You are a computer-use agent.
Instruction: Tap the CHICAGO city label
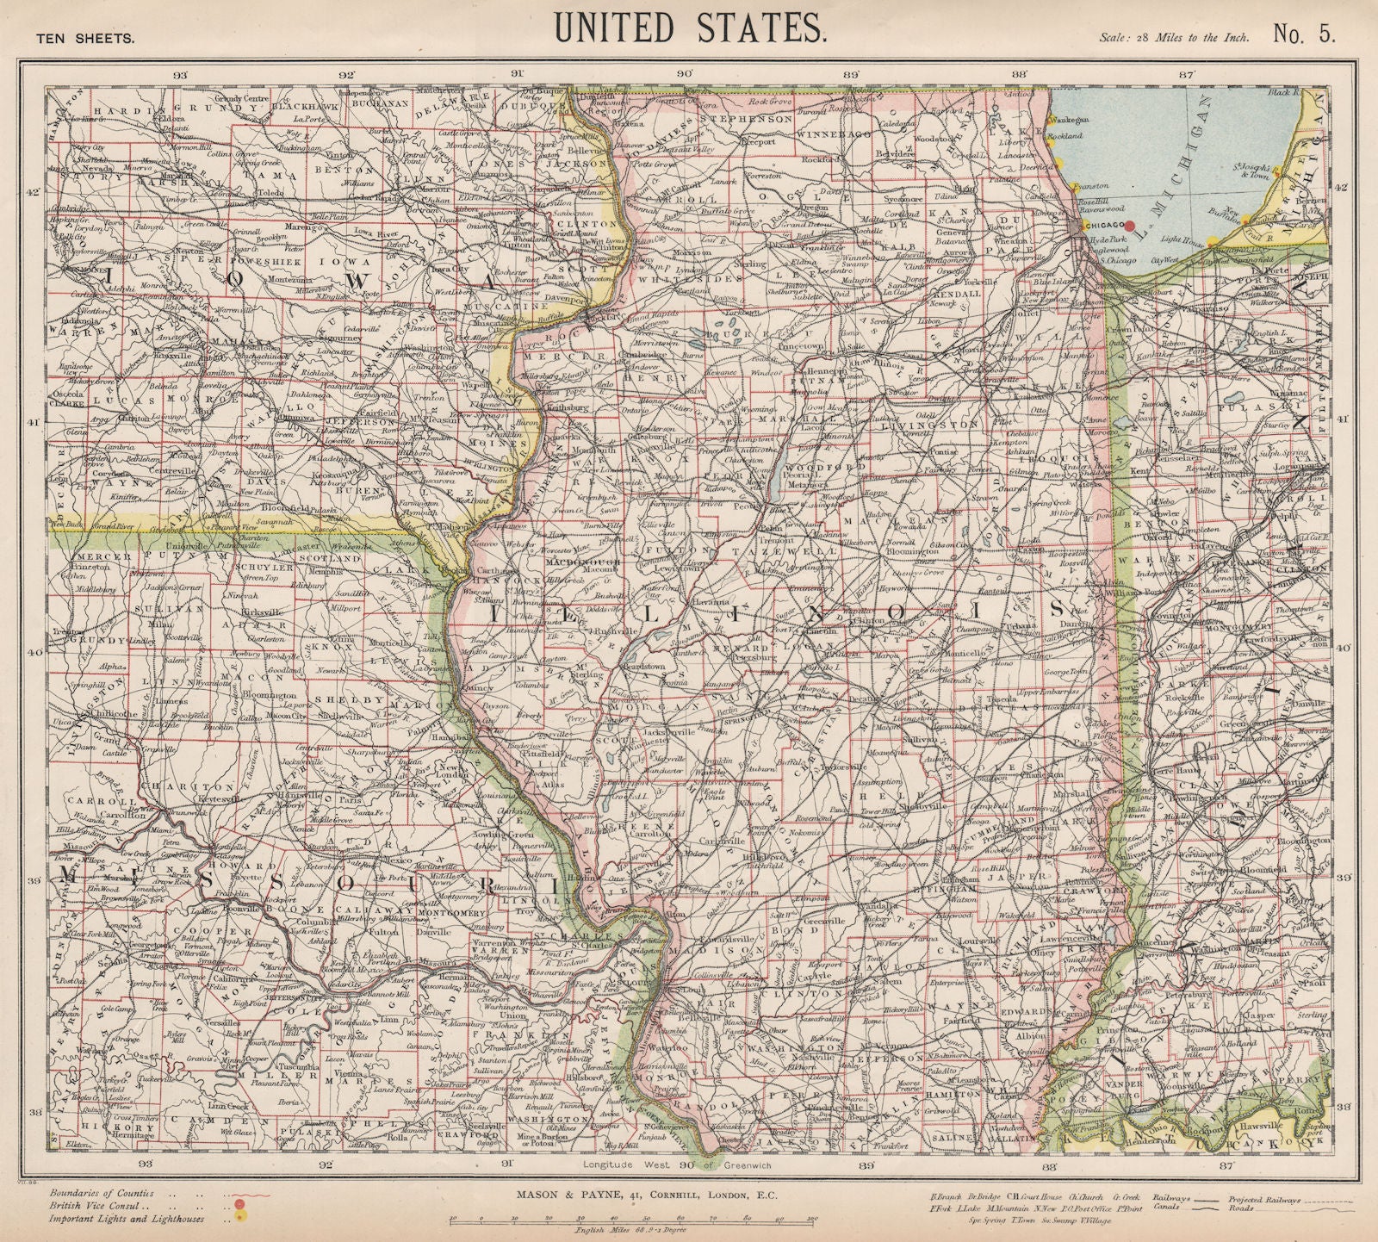click(1104, 224)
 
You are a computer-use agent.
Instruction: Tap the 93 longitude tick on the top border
click(180, 74)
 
